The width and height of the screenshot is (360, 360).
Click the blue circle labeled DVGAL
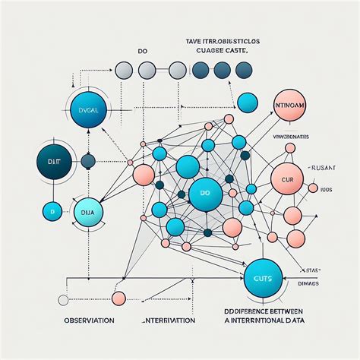(88, 110)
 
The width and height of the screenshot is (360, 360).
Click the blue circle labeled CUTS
(263, 279)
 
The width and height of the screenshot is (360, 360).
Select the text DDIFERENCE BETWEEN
(287, 311)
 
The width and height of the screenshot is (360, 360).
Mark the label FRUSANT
(319, 166)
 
